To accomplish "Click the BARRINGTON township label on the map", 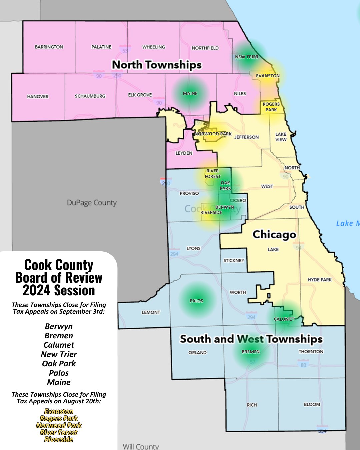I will pyautogui.click(x=49, y=47).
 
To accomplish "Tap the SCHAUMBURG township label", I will pyautogui.click(x=90, y=96).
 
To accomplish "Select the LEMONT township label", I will pyautogui.click(x=151, y=312).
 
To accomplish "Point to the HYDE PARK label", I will pyautogui.click(x=320, y=280).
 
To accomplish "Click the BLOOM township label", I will pyautogui.click(x=312, y=404).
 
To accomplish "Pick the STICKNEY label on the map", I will pyautogui.click(x=234, y=260).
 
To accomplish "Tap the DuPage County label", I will pyautogui.click(x=92, y=203).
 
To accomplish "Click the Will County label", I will pyautogui.click(x=141, y=446).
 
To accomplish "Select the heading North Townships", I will pyautogui.click(x=157, y=65).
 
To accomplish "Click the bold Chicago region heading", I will pyautogui.click(x=274, y=234).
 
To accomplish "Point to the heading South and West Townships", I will pyautogui.click(x=251, y=339).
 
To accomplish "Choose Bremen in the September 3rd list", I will pyautogui.click(x=59, y=336).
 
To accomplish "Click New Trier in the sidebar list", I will pyautogui.click(x=59, y=354).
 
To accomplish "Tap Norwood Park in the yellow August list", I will pyautogui.click(x=59, y=425).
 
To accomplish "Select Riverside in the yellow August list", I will pyautogui.click(x=59, y=439).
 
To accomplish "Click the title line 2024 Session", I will pyautogui.click(x=59, y=290).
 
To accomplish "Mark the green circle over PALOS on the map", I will pyautogui.click(x=197, y=300).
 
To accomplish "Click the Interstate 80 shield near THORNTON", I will pyautogui.click(x=303, y=364).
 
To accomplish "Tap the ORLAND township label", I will pyautogui.click(x=197, y=352).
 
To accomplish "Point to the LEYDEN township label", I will pyautogui.click(x=184, y=153).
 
